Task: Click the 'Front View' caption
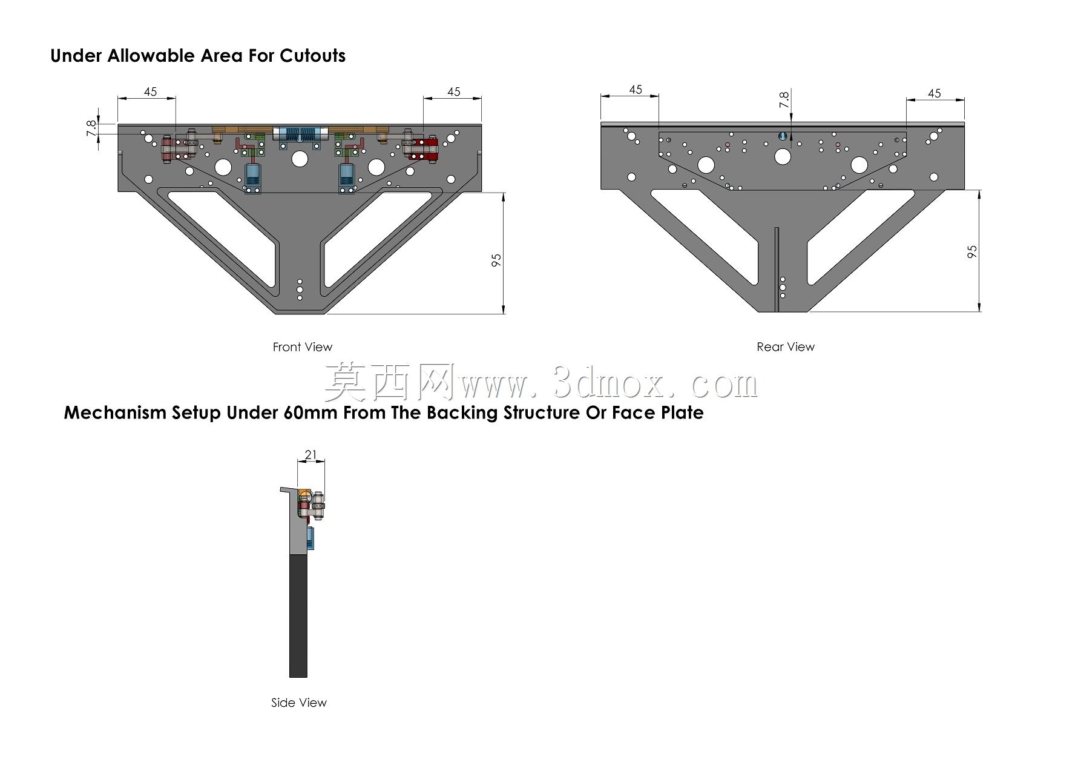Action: click(x=302, y=347)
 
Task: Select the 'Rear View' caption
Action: click(x=786, y=347)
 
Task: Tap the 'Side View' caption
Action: click(x=299, y=703)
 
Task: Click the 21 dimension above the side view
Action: click(x=311, y=455)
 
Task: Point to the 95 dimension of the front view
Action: click(x=496, y=260)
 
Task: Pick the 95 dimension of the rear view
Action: click(x=972, y=252)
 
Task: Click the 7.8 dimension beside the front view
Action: click(x=91, y=128)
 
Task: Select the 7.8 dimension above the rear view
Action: click(x=784, y=100)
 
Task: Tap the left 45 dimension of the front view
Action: click(x=150, y=92)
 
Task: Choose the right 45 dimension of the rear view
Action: click(x=935, y=93)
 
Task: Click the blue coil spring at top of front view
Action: click(x=300, y=135)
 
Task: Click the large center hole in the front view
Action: click(x=299, y=159)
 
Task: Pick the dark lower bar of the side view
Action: click(x=298, y=616)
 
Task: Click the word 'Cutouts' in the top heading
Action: click(x=312, y=56)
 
